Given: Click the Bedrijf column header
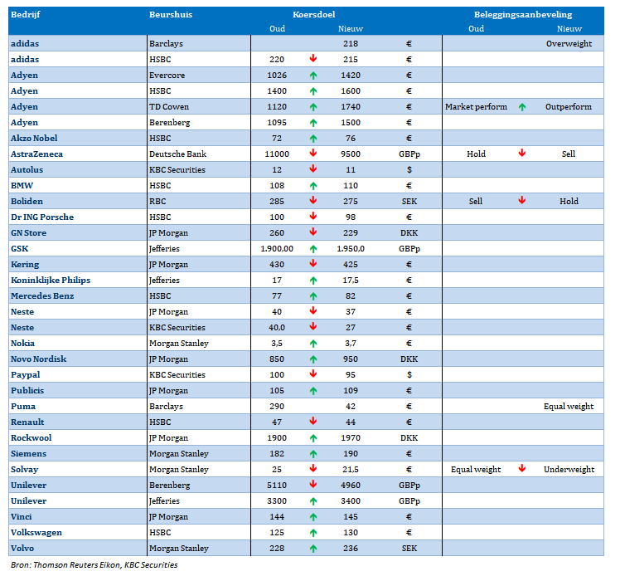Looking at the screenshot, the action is pos(25,15).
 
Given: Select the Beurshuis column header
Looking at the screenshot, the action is pos(171,15).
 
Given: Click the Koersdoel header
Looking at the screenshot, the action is pos(313,15).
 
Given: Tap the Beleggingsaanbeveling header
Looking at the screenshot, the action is pos(523,15).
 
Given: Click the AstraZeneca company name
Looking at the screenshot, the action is pos(36,154).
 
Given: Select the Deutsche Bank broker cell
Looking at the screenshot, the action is pos(177,154).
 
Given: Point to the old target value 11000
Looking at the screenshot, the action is pos(277,154).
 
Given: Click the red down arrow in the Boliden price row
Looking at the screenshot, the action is pos(313,200).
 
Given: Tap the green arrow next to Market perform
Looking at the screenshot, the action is pos(522,107).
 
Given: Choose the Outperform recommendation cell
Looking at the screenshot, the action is pos(569,107).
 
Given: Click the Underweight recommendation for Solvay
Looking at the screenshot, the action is pos(569,470).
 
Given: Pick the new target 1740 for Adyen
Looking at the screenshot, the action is pos(351,107).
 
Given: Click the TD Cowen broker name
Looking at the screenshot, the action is pos(169,107).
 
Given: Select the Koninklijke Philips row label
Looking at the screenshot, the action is pos(51,281).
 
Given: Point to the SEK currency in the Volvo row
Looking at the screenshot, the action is pos(409,549).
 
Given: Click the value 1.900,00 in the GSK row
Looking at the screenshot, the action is pos(277,249).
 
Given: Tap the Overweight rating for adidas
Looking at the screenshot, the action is pos(569,44).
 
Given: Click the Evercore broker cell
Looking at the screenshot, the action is pos(167,76).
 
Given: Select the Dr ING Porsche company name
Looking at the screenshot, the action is pos(42,217).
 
